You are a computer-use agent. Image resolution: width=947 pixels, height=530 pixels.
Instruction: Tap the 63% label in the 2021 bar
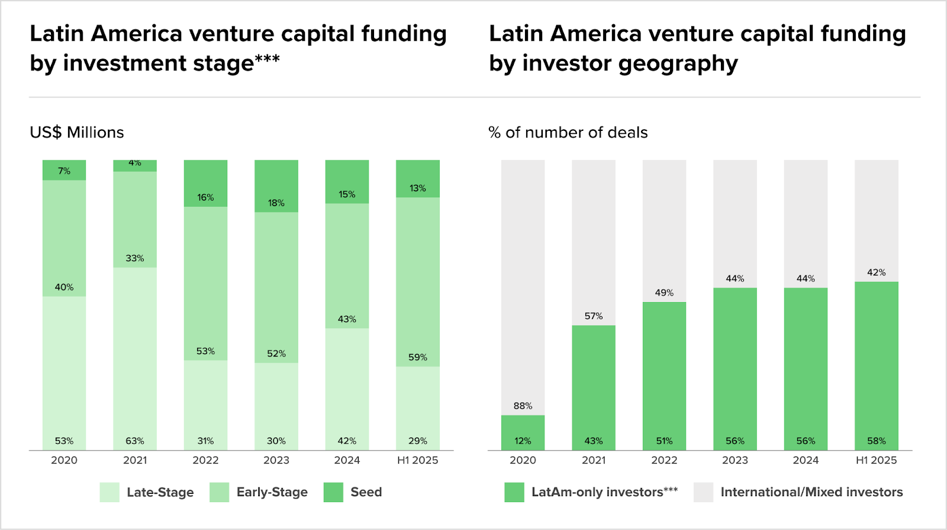pos(135,441)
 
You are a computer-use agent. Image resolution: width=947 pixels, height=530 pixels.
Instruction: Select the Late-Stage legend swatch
pos(109,492)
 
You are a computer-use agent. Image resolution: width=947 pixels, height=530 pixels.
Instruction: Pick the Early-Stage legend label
pos(272,492)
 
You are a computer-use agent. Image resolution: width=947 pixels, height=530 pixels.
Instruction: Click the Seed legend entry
pos(366,492)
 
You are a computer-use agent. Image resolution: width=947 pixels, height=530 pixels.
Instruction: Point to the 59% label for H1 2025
pos(417,358)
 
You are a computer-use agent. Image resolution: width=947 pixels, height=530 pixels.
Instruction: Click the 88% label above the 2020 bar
pos(523,406)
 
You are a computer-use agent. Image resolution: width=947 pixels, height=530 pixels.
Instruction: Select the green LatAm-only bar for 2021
pos(593,385)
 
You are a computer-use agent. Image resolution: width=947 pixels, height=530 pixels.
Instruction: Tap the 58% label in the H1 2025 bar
pos(876,441)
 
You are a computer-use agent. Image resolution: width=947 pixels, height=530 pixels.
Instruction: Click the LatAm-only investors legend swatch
pos(514,492)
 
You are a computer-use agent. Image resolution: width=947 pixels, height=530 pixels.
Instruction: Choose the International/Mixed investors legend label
pos(811,492)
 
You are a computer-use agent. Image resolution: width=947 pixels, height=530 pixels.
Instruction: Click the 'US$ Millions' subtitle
pos(77,132)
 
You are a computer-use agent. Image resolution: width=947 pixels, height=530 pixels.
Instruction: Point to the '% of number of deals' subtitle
pos(568,132)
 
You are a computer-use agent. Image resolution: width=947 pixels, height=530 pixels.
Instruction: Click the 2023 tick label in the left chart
pos(276,460)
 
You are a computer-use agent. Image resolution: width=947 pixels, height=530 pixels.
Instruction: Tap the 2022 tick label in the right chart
pos(664,460)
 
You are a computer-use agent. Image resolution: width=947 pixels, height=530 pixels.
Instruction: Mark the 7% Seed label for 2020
pos(64,171)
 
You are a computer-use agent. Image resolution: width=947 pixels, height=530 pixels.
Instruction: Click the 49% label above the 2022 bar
pos(664,293)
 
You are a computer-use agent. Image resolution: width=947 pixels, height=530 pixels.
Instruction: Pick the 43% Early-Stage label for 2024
pos(347,319)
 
